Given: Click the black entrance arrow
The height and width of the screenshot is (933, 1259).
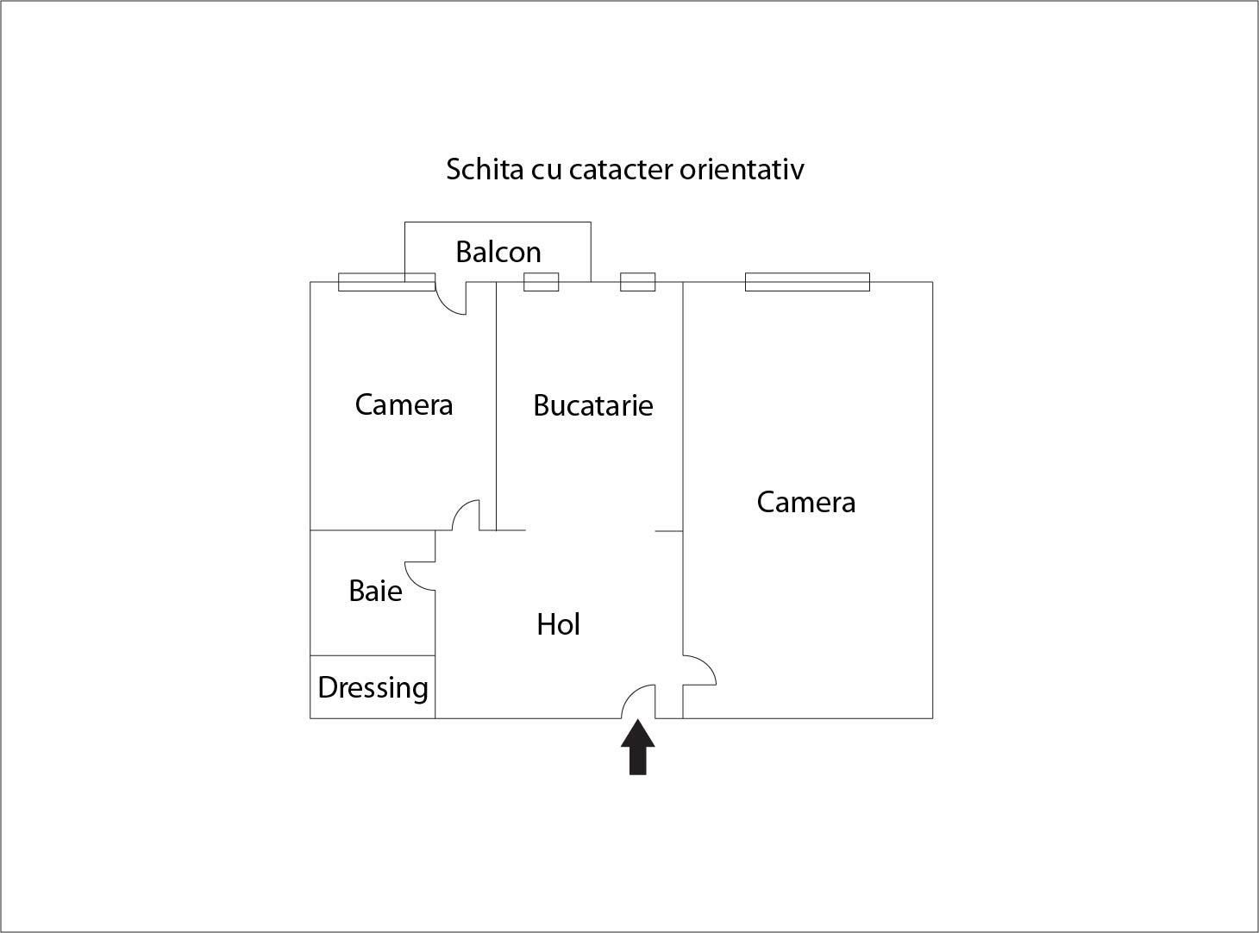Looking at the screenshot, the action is (637, 747).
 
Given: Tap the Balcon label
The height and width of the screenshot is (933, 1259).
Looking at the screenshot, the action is (498, 252).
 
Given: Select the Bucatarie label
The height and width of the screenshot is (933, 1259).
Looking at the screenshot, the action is (593, 405).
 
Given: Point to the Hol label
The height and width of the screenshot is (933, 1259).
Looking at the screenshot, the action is (558, 624).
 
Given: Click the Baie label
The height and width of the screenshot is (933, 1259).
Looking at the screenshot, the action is (375, 591).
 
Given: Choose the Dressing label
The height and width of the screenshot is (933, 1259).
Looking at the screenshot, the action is (373, 688).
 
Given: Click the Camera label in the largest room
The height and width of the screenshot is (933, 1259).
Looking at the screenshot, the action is (806, 502).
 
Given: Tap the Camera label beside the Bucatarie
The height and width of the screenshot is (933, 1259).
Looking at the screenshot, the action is (404, 405).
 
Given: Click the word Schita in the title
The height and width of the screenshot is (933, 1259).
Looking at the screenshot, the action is (485, 169).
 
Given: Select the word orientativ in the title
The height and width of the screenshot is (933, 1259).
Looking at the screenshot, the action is (742, 169).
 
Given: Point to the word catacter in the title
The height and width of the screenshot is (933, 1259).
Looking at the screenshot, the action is (621, 169).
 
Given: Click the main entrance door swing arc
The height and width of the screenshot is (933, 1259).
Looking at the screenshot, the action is (638, 701).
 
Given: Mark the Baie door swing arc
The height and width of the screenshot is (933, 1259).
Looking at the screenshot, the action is (420, 576).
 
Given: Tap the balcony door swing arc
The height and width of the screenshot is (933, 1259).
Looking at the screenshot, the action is (451, 298).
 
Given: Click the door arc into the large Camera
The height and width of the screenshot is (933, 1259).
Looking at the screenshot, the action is (699, 670).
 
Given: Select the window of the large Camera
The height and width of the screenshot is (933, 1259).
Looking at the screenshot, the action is (807, 282).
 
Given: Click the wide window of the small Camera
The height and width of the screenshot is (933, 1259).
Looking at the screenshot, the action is (386, 282).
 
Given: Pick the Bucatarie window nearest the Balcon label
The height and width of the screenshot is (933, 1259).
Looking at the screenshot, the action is (541, 282).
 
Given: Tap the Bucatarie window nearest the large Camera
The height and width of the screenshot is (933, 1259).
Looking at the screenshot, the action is (637, 282).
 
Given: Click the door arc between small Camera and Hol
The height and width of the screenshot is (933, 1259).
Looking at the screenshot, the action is (466, 515).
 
